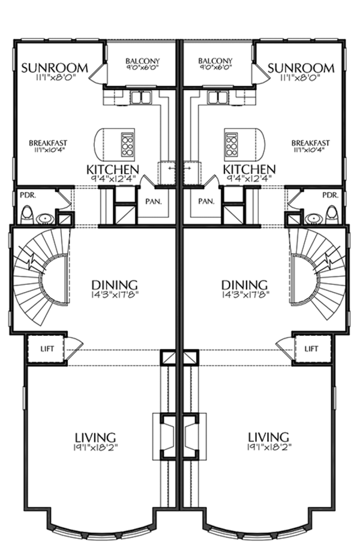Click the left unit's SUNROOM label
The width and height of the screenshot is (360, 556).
pos(55,67)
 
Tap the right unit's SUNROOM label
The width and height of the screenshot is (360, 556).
pos(301,67)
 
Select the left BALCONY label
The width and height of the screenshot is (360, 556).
pos(143,61)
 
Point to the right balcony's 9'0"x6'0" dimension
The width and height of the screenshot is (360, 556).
pos(215,67)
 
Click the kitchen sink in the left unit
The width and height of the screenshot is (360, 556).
pos(142,97)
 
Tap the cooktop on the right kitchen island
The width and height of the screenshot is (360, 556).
pos(232,145)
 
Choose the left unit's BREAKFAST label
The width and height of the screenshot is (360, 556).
pos(48,143)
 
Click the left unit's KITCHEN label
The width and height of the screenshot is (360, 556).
pos(113,170)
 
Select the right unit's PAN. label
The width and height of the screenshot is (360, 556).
pos(206,202)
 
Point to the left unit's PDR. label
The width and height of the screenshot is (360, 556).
pos(28,195)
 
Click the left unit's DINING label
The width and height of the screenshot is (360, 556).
pos(115,284)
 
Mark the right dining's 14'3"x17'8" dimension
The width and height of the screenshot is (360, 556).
pos(245,293)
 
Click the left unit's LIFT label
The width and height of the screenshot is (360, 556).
pos(47,348)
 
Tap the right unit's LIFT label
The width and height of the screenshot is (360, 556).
pos(311,348)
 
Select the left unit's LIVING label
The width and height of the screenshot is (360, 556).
pos(95,437)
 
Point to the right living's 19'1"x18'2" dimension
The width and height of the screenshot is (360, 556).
pos(268,447)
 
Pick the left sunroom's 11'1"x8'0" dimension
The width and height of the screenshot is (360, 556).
pos(54,77)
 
